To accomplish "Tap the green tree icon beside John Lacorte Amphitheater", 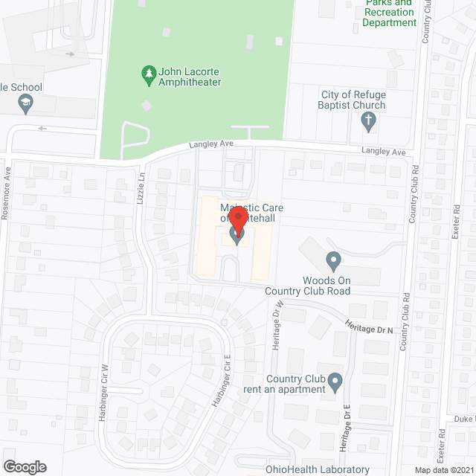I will tap(147, 73).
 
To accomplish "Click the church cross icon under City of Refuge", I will tap(371, 123).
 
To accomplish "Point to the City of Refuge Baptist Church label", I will tap(353, 100).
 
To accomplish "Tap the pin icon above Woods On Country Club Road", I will tap(334, 261).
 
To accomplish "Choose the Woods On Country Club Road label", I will tap(308, 285).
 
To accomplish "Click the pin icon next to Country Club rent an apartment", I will tap(335, 383).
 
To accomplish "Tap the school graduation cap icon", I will tap(27, 104).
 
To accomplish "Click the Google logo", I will tap(24, 466).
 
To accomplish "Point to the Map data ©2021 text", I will tap(443, 469).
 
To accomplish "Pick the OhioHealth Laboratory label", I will tap(318, 469).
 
